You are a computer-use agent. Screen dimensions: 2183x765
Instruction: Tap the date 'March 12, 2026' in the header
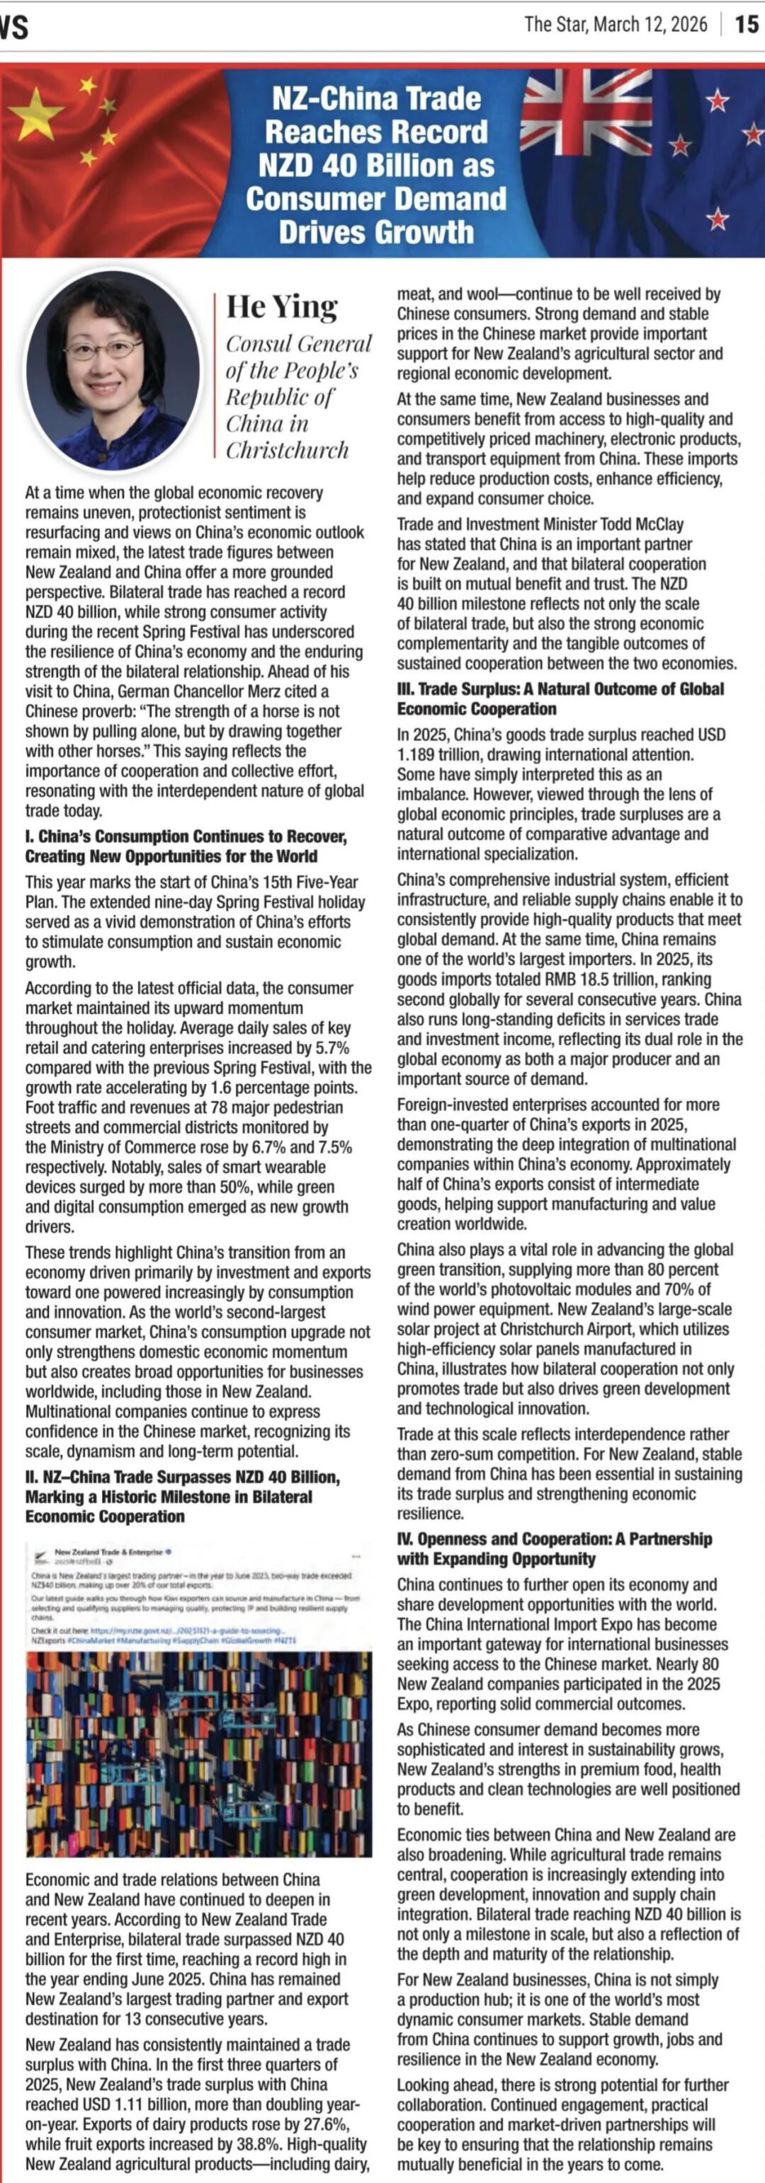click(x=650, y=25)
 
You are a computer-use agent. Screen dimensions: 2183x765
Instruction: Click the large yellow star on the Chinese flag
click(x=36, y=113)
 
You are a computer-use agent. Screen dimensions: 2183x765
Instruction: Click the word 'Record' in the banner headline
click(x=442, y=132)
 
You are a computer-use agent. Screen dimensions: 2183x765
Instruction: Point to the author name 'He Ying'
click(x=282, y=307)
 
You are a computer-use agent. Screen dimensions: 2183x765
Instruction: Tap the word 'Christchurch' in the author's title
click(x=287, y=450)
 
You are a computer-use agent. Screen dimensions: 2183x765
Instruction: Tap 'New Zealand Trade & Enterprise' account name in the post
click(x=108, y=1552)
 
